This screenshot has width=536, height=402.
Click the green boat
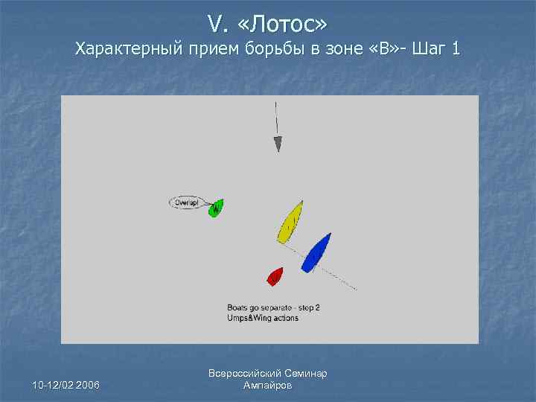pos(216,208)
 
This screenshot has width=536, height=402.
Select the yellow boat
pos(290,222)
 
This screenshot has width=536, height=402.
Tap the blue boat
pos(316,252)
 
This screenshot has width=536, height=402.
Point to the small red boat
pos(275,277)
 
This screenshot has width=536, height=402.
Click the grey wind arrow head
pos(278,144)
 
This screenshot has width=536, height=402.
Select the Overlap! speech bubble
pos(186,202)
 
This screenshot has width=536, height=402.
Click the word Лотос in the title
pos(284,25)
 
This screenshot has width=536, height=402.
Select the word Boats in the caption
pos(237,307)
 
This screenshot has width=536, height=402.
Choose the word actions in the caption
pos(286,318)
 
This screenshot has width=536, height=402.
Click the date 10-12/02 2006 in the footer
pos(66,384)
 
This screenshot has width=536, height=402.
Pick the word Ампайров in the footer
pos(268,386)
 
